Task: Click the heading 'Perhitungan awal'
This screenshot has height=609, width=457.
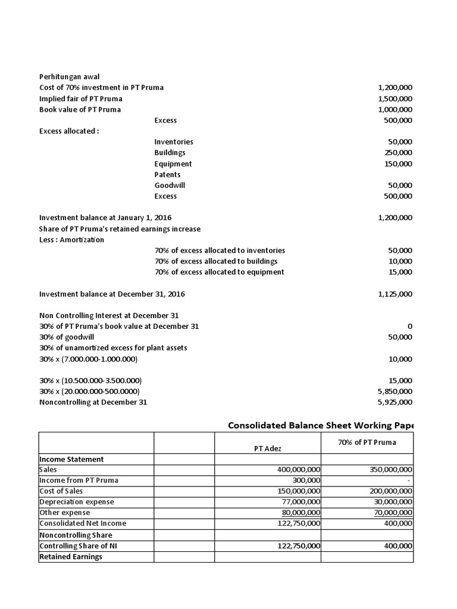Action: [x=70, y=77]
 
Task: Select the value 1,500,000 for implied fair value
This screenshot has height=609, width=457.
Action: [x=395, y=99]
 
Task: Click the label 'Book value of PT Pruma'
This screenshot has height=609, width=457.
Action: [x=80, y=109]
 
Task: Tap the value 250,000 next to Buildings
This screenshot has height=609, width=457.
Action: [x=398, y=153]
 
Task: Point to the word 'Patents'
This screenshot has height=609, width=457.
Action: [x=167, y=175]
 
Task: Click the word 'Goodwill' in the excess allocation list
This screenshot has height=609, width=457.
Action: [x=170, y=186]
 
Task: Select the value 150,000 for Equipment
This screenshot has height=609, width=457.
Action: [x=398, y=164]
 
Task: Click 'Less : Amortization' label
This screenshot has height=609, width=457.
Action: [x=71, y=240]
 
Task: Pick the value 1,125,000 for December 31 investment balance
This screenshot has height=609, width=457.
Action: [x=395, y=294]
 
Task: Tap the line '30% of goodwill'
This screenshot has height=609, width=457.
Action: [x=67, y=337]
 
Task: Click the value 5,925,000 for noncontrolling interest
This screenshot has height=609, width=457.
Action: [x=395, y=402]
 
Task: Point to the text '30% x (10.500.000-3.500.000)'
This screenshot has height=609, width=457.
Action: [x=90, y=381]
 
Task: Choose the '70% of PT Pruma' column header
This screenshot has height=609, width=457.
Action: [x=367, y=442]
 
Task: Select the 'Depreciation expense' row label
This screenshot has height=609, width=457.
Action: [x=76, y=502]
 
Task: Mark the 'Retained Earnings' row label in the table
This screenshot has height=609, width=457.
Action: [x=71, y=557]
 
